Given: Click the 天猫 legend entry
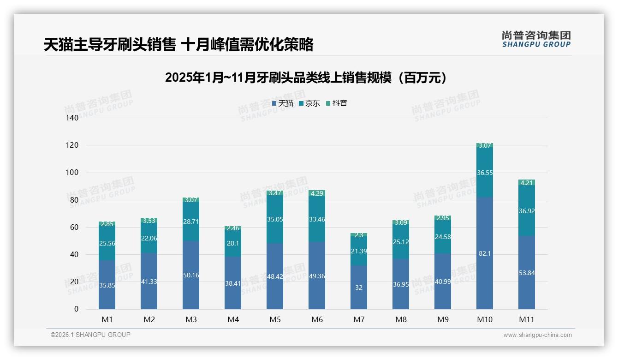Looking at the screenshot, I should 283,103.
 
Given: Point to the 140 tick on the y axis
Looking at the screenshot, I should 72,118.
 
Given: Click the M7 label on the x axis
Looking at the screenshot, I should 359,319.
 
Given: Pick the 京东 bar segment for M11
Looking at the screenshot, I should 527,211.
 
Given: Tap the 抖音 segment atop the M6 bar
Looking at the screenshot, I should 317,193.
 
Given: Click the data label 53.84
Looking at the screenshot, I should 527,273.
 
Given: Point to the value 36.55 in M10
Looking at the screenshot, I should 485,173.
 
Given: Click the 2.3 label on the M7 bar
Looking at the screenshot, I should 359,235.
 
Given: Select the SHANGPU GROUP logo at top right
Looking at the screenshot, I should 536,39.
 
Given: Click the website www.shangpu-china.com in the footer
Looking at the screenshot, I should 537,335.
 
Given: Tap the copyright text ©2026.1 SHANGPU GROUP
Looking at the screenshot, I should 90,335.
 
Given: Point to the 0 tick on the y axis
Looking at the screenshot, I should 76,309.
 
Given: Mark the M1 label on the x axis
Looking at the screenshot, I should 107,319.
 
